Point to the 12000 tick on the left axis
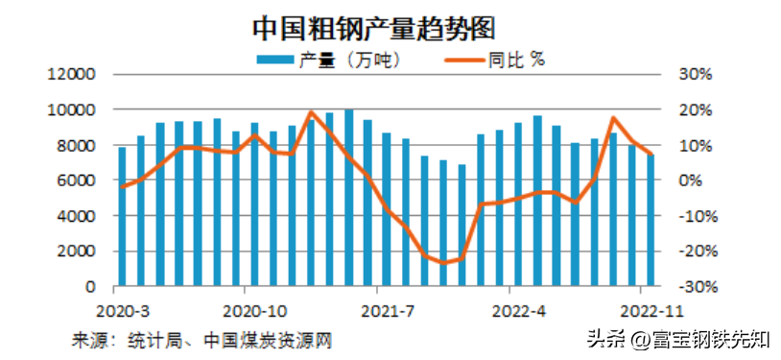pyautogui.click(x=75, y=75)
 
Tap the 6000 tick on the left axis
pyautogui.click(x=79, y=180)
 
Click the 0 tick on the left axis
pyautogui.click(x=91, y=286)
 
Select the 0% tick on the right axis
pyautogui.click(x=694, y=180)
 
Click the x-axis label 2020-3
pyautogui.click(x=121, y=311)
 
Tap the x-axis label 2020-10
pyautogui.click(x=254, y=311)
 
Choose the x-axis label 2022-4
pyautogui.click(x=518, y=311)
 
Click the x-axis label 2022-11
pyautogui.click(x=649, y=311)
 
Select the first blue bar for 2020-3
pyautogui.click(x=122, y=216)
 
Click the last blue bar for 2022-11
pyautogui.click(x=651, y=220)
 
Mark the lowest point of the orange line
pyautogui.click(x=443, y=262)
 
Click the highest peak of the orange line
pyautogui.click(x=311, y=112)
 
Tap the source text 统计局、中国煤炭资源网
pyautogui.click(x=223, y=339)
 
